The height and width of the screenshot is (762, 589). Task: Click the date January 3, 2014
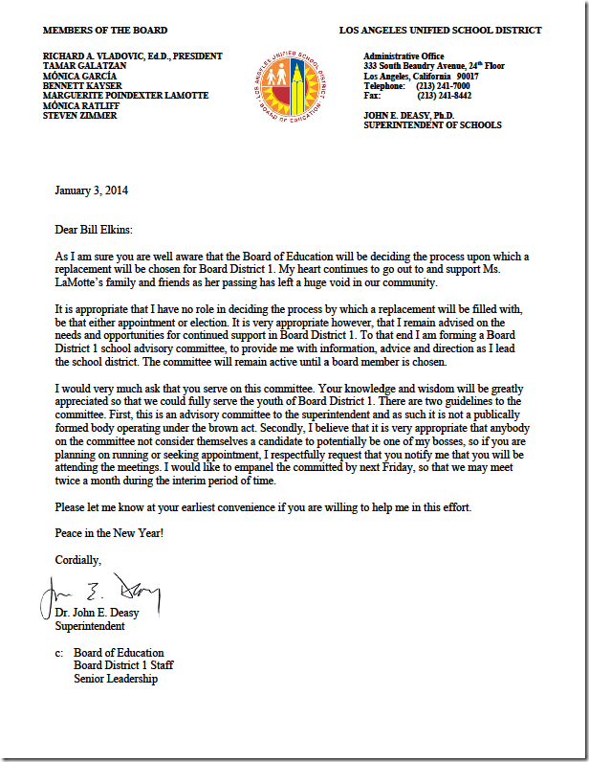[x=92, y=190]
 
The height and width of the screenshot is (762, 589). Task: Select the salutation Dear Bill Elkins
[x=98, y=230]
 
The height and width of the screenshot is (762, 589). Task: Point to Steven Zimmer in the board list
[x=80, y=116]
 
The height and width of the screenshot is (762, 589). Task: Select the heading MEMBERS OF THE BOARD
[x=105, y=31]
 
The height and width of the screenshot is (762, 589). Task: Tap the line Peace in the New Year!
[x=109, y=532]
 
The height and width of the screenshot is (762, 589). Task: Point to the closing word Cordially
[x=78, y=559]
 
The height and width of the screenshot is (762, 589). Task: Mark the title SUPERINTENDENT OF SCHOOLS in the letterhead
[x=432, y=125]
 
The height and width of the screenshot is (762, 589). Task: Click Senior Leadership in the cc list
[x=116, y=679]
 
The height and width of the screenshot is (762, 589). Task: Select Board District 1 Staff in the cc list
[x=123, y=666]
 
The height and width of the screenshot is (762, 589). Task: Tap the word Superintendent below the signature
[x=90, y=626]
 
